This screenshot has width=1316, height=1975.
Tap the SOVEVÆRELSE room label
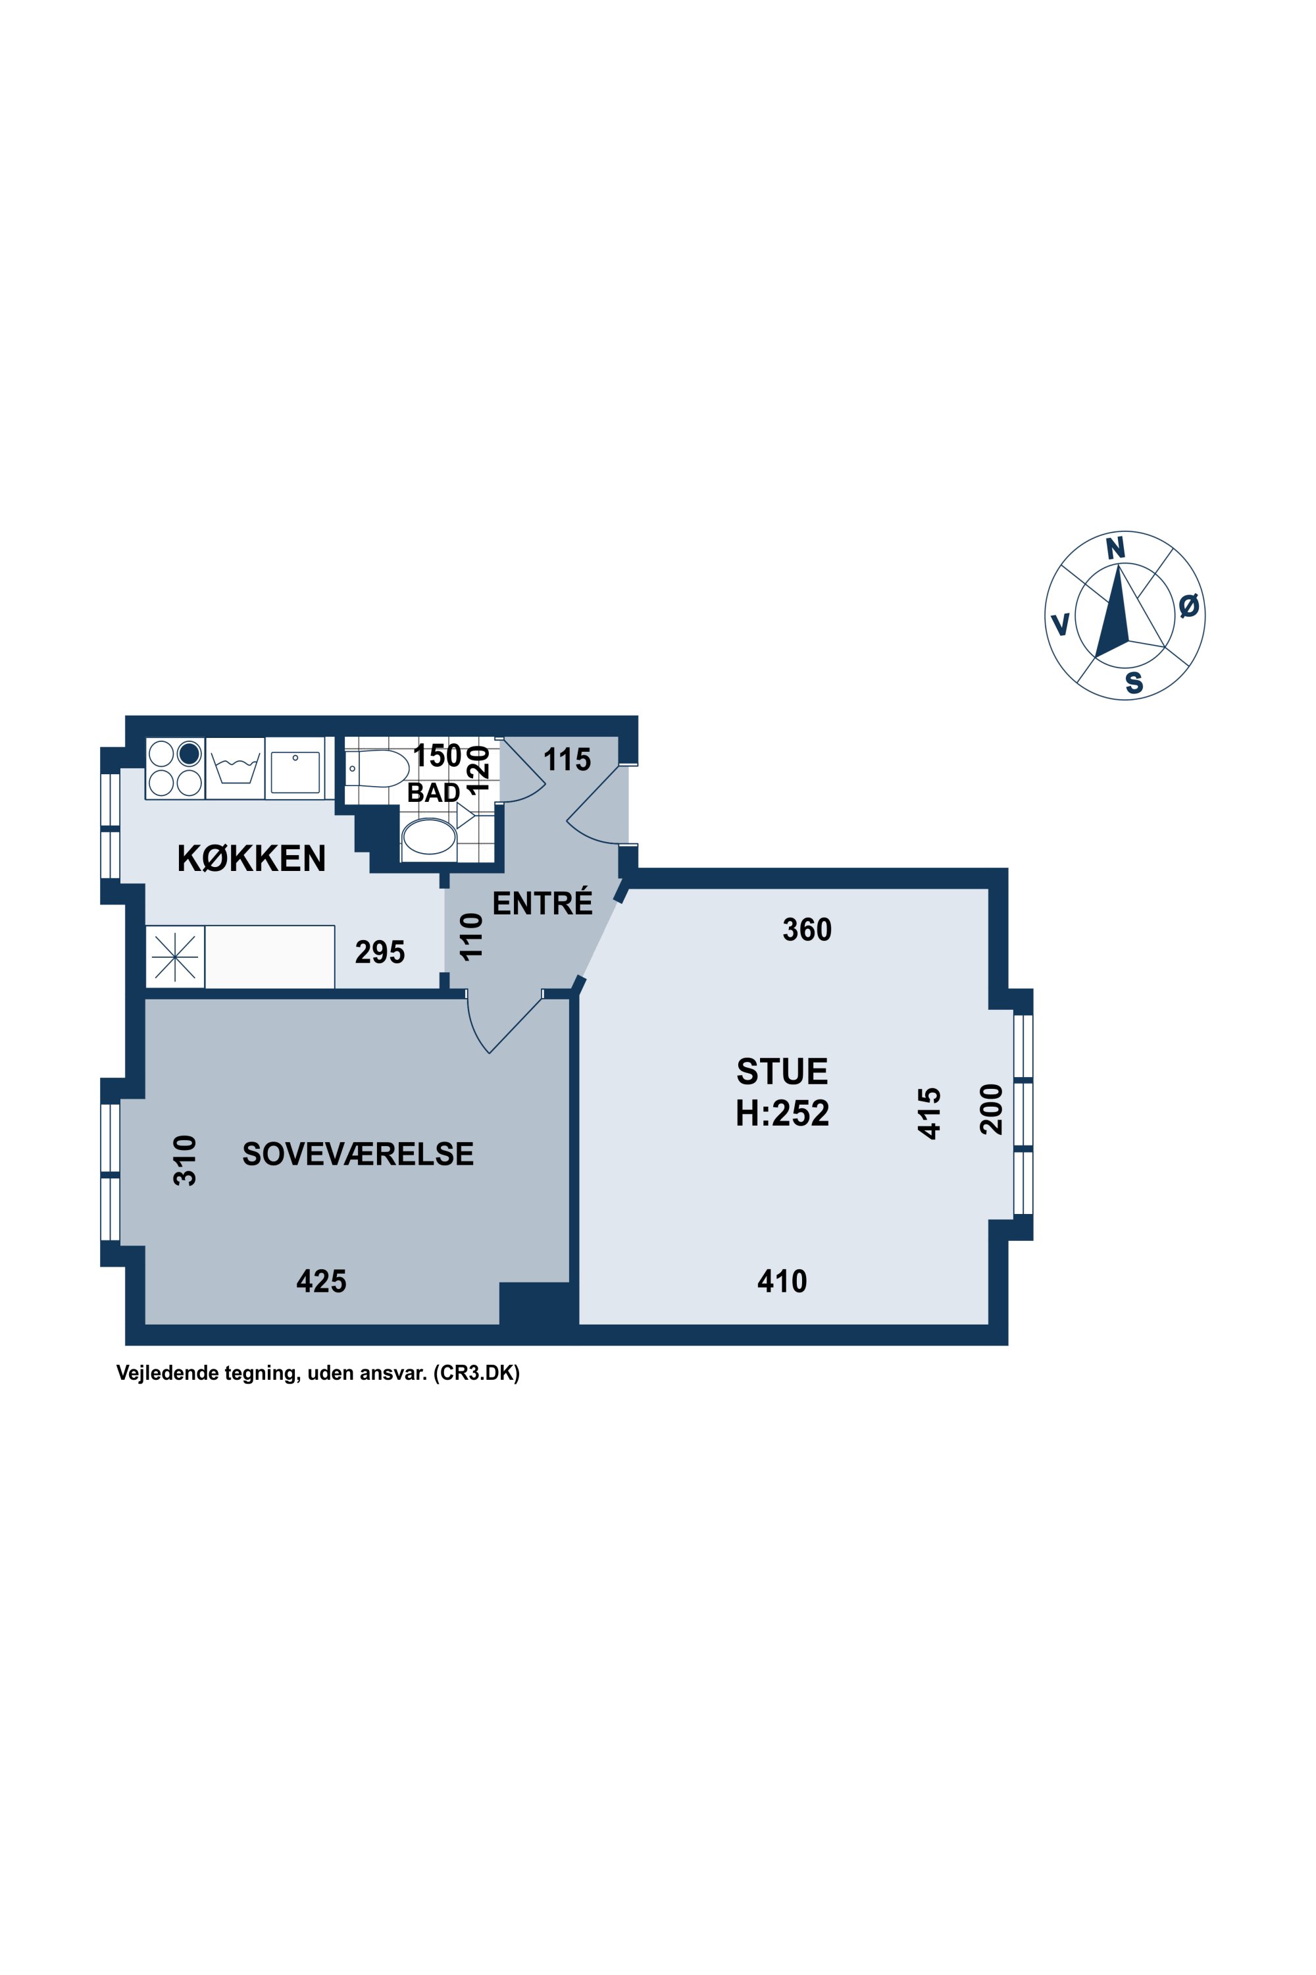click(x=357, y=1155)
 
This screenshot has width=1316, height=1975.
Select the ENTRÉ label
click(x=542, y=903)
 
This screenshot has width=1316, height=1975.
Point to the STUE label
click(x=782, y=1072)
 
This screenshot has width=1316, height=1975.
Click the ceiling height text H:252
click(x=782, y=1113)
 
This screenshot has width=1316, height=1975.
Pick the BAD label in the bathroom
click(x=433, y=793)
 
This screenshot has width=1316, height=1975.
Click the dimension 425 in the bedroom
click(x=322, y=1281)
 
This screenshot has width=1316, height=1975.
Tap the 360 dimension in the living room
click(x=807, y=930)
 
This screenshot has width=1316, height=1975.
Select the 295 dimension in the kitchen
click(x=380, y=952)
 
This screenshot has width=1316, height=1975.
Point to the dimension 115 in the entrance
click(x=567, y=760)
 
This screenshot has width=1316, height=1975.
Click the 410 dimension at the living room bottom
click(x=782, y=1281)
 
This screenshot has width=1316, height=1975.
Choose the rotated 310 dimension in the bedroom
click(x=185, y=1161)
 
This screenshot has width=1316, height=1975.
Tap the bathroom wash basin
click(x=429, y=837)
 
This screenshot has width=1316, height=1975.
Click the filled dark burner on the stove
click(x=189, y=753)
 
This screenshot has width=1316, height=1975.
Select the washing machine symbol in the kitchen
click(x=235, y=768)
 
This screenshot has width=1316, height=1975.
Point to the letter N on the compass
click(x=1115, y=548)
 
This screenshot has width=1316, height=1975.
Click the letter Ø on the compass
click(x=1188, y=606)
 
